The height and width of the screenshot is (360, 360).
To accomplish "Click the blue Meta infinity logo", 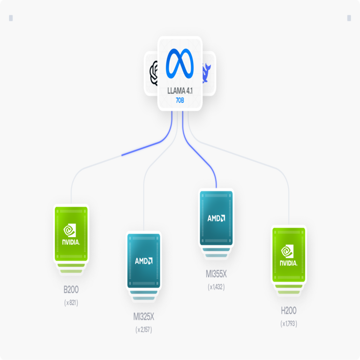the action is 180,63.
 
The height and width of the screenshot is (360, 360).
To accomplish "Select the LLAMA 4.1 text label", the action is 180,91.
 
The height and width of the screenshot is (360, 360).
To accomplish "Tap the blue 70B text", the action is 180,100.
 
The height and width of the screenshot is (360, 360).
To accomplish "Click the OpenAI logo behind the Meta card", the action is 154,73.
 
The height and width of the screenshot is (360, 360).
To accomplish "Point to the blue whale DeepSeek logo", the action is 206,73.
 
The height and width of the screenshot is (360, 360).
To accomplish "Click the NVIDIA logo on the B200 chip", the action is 71,234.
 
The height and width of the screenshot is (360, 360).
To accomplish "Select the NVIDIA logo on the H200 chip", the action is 288,255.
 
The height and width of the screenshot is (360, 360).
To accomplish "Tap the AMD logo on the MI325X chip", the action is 144,261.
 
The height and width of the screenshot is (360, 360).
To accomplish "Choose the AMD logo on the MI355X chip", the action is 216,218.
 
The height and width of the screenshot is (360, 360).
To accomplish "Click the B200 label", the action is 71,290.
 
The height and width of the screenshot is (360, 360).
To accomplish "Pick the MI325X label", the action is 144,316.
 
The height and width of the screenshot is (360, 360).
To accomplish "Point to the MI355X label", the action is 216,274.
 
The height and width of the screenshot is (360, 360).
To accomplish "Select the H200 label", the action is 289,311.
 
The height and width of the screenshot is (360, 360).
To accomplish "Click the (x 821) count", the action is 71,303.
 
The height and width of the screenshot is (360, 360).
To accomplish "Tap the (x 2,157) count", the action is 144,330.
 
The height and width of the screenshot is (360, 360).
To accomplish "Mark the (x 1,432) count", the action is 216,287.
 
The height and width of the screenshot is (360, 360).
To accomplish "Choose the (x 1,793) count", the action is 289,324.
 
